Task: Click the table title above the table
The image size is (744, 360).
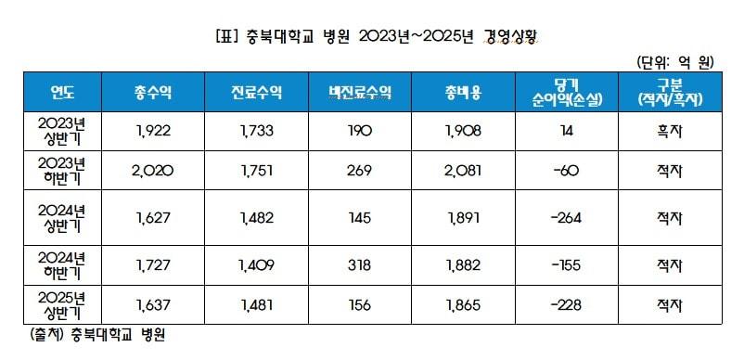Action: coord(371,36)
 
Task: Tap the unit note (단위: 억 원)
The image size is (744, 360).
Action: coord(674,63)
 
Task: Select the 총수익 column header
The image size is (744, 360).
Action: coord(153,93)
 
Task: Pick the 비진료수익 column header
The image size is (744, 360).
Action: coord(360,93)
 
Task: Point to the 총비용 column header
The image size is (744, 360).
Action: coord(463,93)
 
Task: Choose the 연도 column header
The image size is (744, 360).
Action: coord(61,93)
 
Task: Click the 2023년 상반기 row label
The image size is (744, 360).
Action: coord(61,131)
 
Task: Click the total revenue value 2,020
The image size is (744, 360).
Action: coord(153,172)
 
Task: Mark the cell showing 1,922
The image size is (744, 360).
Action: coord(153,131)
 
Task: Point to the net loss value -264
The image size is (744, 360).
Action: coord(566,219)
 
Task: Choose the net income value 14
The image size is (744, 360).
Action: coord(566,131)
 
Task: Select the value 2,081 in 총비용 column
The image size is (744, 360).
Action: coord(463,172)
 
